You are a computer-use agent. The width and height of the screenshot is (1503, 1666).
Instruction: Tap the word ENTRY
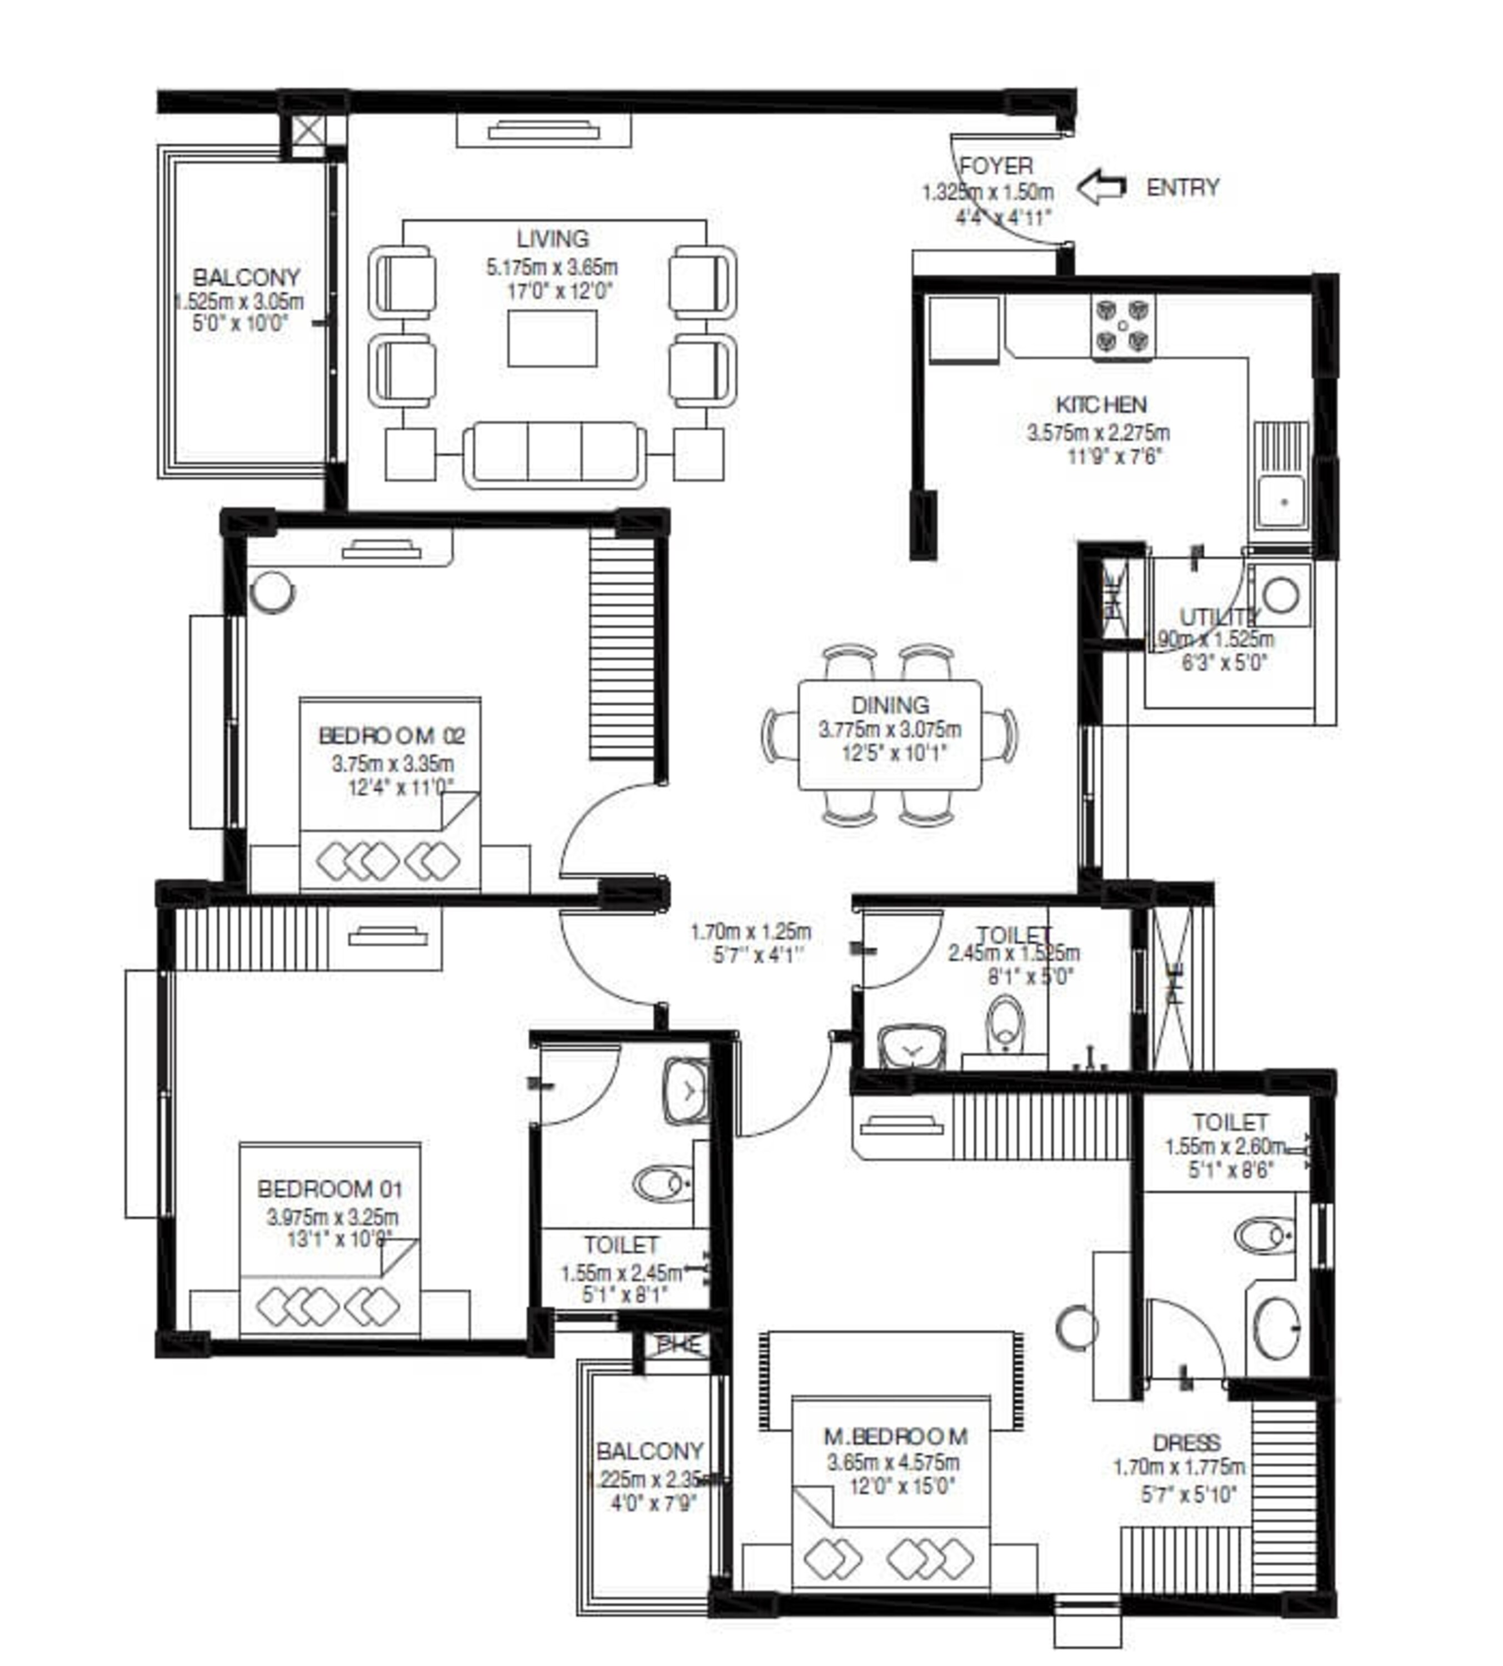[1183, 188]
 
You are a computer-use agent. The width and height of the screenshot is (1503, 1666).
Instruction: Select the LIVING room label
[553, 239]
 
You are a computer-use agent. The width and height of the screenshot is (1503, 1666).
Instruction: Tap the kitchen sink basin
[1282, 501]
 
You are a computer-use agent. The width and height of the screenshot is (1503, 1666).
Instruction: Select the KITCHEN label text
[1101, 404]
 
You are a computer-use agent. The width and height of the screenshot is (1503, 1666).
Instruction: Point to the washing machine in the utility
[1280, 594]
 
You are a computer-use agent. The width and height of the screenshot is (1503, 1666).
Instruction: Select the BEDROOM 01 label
[329, 1189]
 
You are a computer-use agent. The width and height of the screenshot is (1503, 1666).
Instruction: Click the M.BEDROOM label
[895, 1437]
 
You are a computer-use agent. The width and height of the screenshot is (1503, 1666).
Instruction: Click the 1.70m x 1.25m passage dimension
[751, 931]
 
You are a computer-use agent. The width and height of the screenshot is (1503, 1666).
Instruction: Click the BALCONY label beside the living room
[246, 278]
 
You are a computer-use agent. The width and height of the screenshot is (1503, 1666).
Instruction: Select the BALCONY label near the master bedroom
[650, 1451]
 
